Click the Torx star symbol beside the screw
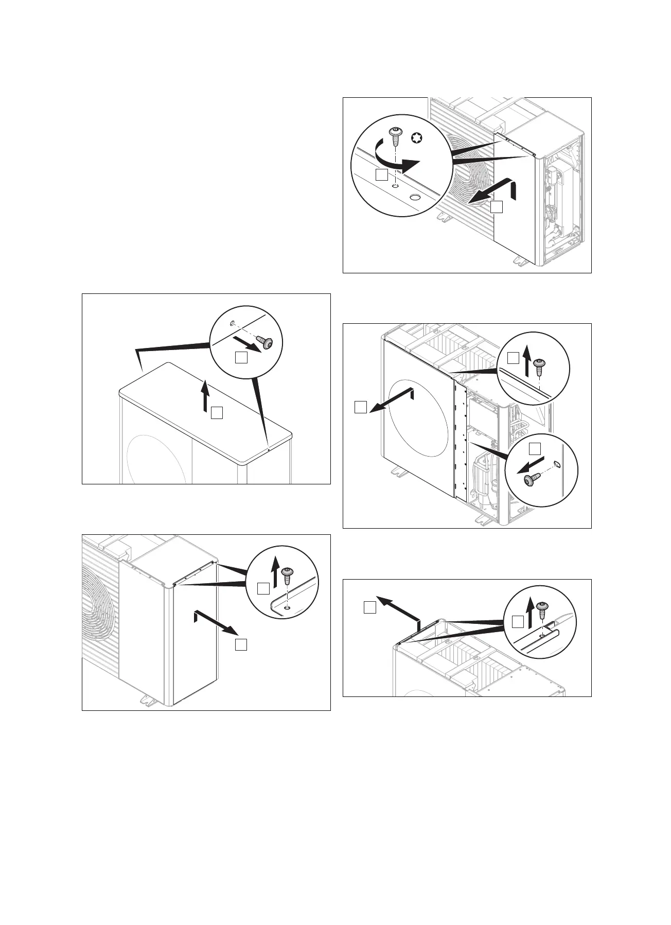click(417, 137)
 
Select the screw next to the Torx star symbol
click(396, 137)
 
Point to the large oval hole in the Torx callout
click(415, 197)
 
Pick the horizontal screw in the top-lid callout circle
click(266, 342)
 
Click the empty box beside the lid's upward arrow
click(217, 413)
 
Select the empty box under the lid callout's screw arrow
click(241, 357)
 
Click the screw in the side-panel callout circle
click(288, 573)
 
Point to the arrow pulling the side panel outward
click(216, 622)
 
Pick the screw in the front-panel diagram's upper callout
click(539, 368)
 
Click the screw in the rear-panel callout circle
click(542, 610)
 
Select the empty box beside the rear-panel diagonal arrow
click(369, 607)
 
